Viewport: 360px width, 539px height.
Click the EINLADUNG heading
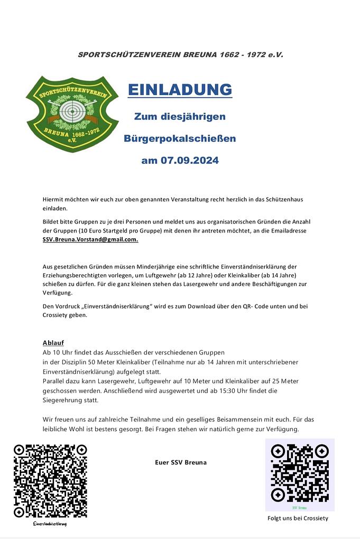point(180,89)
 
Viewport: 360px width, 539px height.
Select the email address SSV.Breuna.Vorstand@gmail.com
point(90,239)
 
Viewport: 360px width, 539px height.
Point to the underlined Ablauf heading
point(53,342)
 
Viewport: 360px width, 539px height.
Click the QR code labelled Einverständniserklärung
point(50,481)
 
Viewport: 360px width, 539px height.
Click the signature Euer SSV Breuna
point(180,462)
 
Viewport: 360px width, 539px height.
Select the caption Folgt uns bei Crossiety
point(298,518)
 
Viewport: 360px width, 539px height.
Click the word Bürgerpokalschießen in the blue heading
point(180,138)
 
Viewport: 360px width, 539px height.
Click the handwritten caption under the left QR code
point(50,524)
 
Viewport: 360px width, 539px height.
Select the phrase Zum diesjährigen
point(180,116)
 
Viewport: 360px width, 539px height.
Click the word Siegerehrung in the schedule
point(64,400)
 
